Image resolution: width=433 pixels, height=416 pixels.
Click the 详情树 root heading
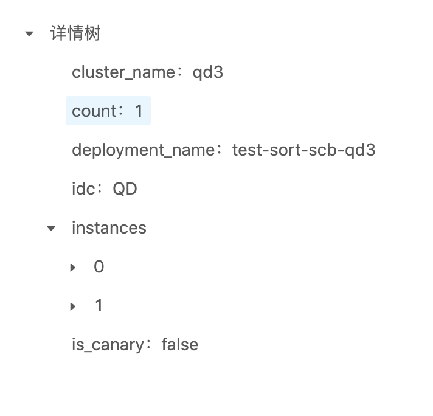[75, 33]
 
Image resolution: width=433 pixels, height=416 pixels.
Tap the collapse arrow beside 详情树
[29, 34]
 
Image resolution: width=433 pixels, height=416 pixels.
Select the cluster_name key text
[123, 72]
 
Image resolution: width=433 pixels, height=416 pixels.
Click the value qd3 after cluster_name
[208, 72]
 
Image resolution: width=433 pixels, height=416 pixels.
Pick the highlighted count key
[94, 111]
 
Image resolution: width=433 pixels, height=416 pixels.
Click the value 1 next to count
[139, 111]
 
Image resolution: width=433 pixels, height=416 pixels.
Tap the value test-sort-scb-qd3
[303, 150]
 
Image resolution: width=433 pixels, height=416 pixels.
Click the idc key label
[83, 189]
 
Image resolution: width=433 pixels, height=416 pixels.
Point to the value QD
[125, 189]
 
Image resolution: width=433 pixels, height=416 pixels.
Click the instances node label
[109, 228]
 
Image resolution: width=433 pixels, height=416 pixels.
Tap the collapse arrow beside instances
[51, 229]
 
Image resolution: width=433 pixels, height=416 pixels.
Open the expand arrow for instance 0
[73, 267]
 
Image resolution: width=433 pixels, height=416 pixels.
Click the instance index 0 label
[99, 267]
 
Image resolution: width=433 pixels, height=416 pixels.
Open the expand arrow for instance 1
[73, 306]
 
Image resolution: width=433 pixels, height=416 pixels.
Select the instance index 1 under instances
[99, 306]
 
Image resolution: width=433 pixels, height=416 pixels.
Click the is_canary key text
[108, 345]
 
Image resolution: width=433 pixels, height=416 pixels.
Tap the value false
[179, 345]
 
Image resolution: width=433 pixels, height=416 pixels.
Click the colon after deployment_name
[220, 151]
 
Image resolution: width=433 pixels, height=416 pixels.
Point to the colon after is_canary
[150, 345]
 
